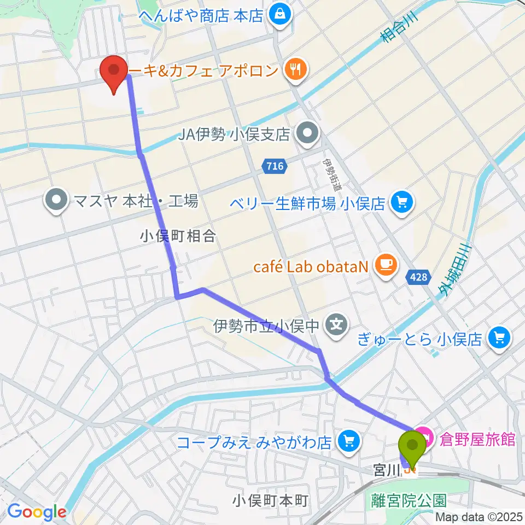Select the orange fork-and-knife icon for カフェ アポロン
(x=296, y=69)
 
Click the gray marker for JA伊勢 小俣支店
(x=307, y=132)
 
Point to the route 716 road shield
(x=275, y=166)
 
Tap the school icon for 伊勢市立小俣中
(x=336, y=327)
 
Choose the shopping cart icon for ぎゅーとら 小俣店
(x=499, y=339)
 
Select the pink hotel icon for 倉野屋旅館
(x=424, y=439)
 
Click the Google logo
(x=37, y=512)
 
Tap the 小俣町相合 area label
(x=178, y=236)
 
